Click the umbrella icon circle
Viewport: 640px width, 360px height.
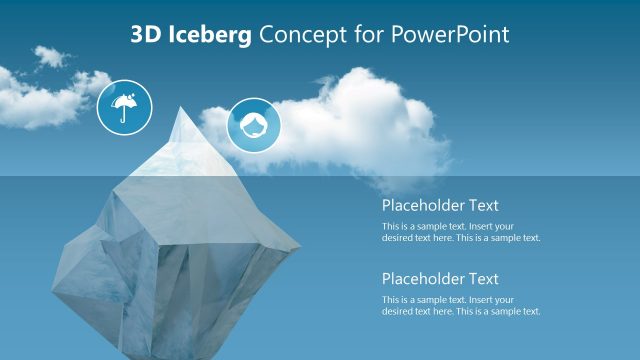[124, 106]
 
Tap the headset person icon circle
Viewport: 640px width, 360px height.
[254, 125]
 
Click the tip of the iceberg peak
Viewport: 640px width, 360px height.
[181, 108]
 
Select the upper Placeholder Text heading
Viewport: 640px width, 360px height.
[440, 205]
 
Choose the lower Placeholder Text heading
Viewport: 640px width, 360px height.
[440, 279]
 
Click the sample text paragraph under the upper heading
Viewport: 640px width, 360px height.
[461, 232]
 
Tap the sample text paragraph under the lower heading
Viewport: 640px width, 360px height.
[461, 306]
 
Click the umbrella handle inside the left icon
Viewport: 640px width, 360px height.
[124, 115]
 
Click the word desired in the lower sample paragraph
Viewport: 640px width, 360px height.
[398, 311]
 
